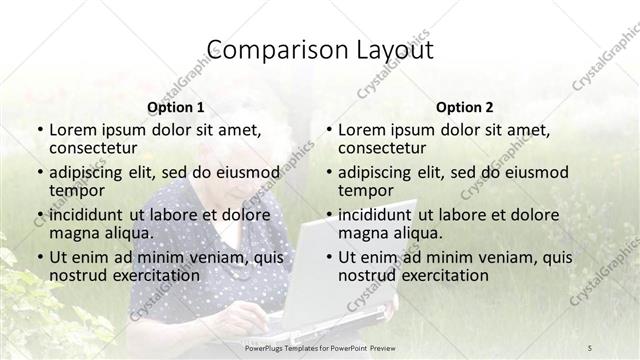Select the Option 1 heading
pos(175,106)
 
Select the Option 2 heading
pos(465,106)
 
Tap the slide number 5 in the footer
pos(590,347)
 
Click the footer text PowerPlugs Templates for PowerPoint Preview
pos(320,347)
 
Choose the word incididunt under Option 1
pos(86,214)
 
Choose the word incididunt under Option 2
pos(375,214)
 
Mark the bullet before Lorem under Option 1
pos(39,130)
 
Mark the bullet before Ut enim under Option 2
pos(328,257)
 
